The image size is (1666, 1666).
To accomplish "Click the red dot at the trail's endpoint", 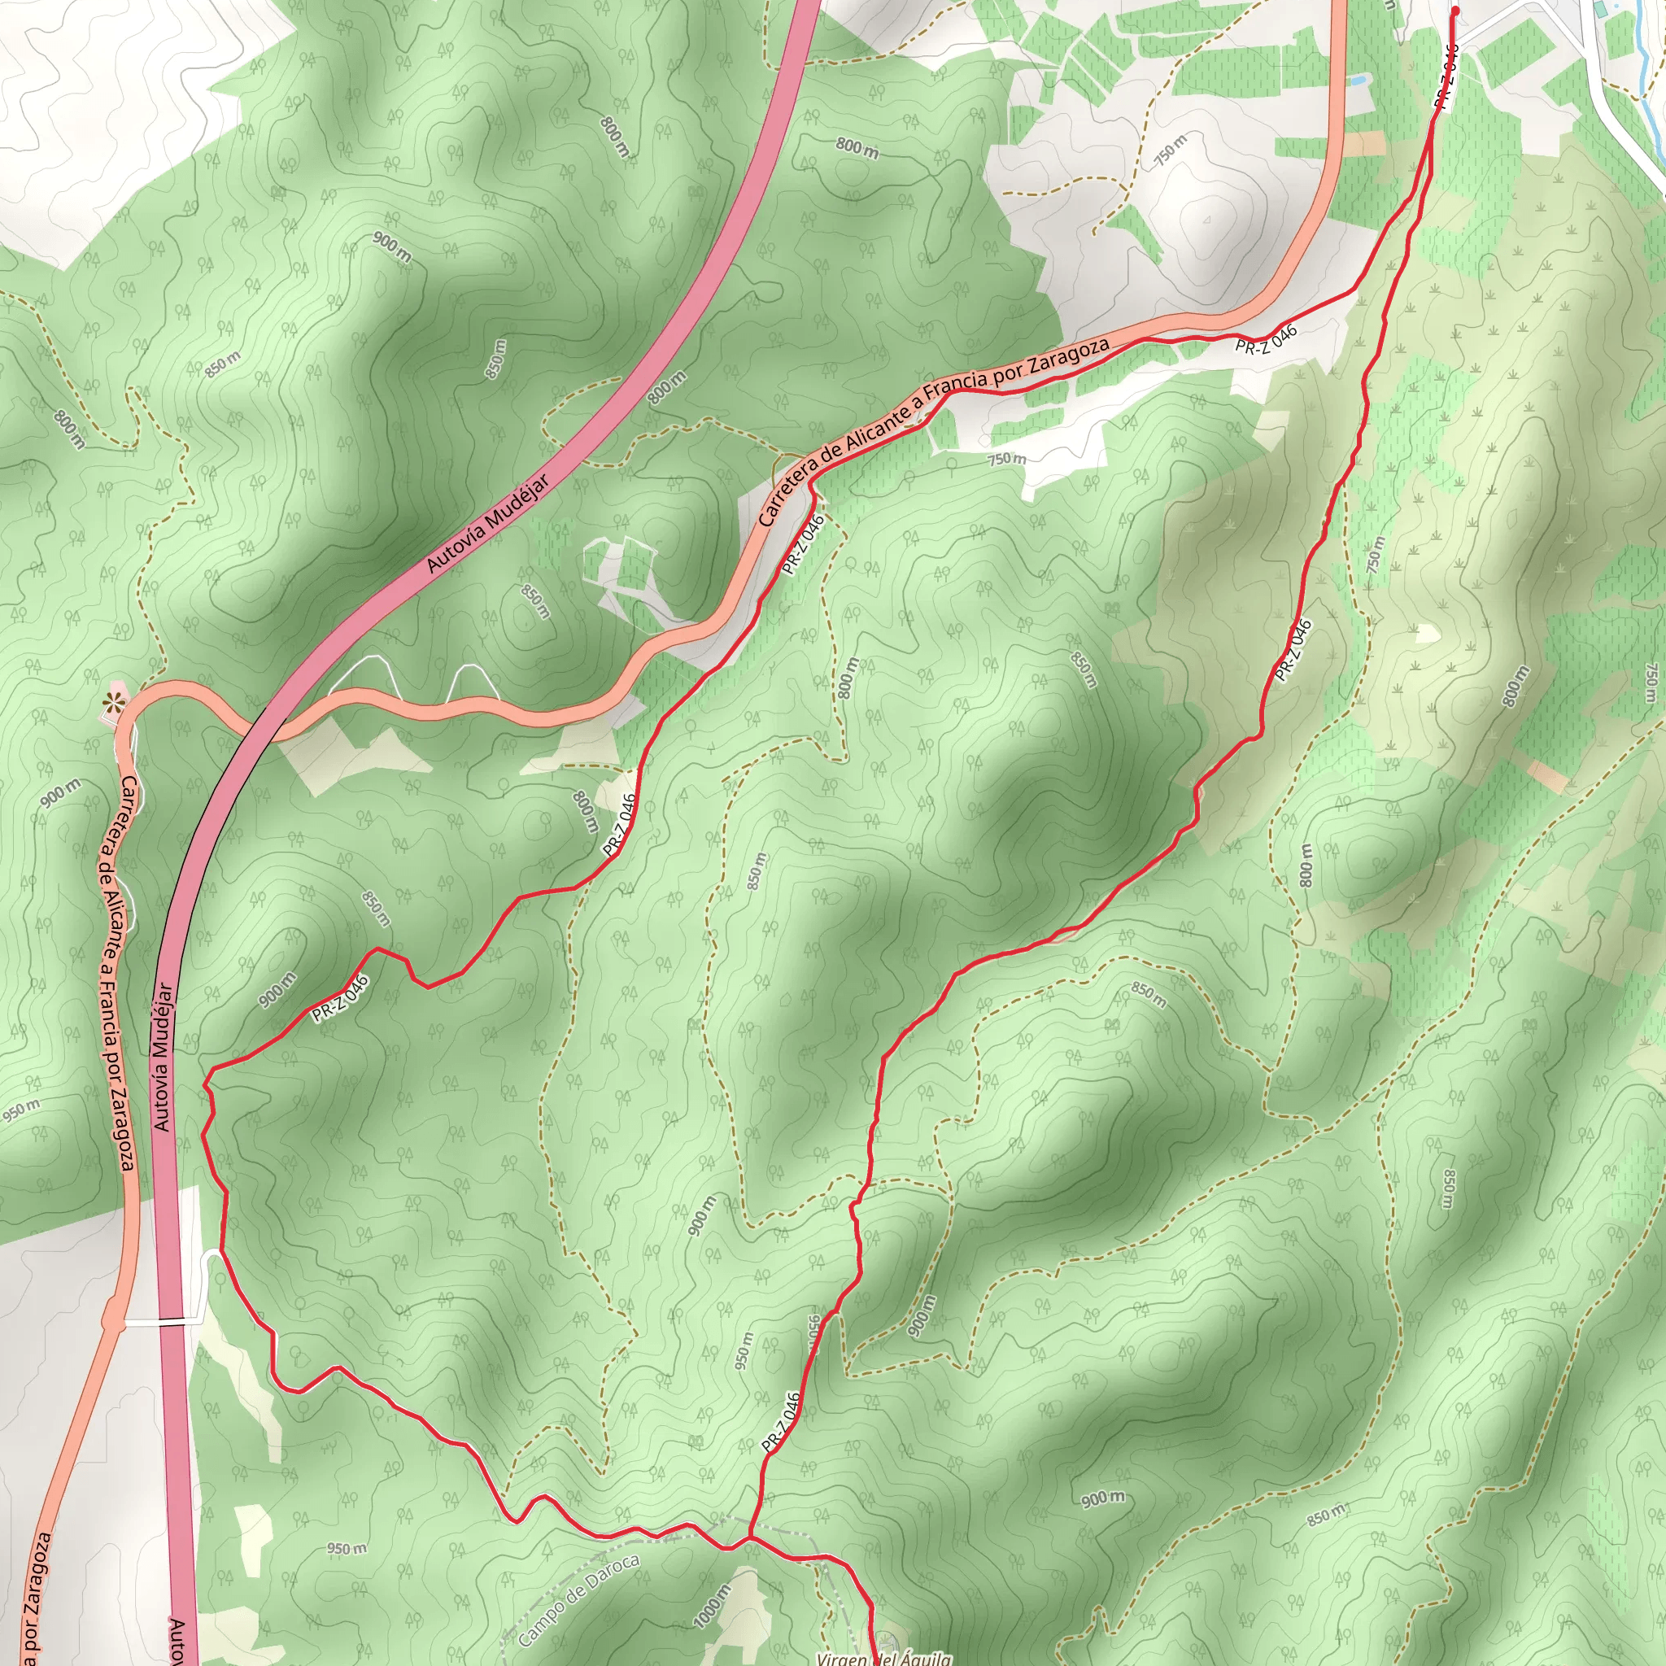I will [1455, 11].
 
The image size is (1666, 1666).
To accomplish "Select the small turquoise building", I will [1599, 9].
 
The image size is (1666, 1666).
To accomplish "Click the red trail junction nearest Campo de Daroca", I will [749, 1537].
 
